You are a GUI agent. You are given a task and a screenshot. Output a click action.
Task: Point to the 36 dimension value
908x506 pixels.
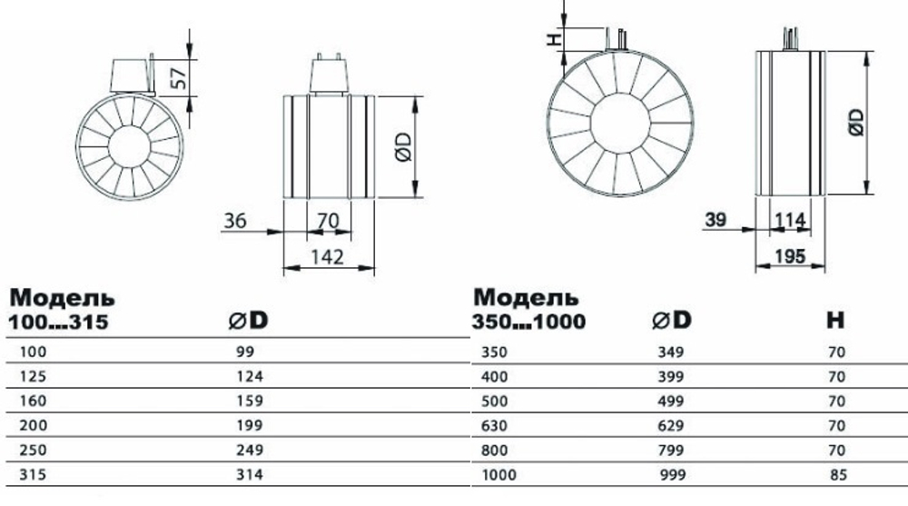[x=234, y=219]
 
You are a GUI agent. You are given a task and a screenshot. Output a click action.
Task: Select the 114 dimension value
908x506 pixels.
[x=791, y=220]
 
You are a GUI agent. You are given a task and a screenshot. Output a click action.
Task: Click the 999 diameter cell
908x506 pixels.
[x=671, y=473]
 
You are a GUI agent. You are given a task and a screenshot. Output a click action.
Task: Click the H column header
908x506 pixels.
[x=835, y=320]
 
